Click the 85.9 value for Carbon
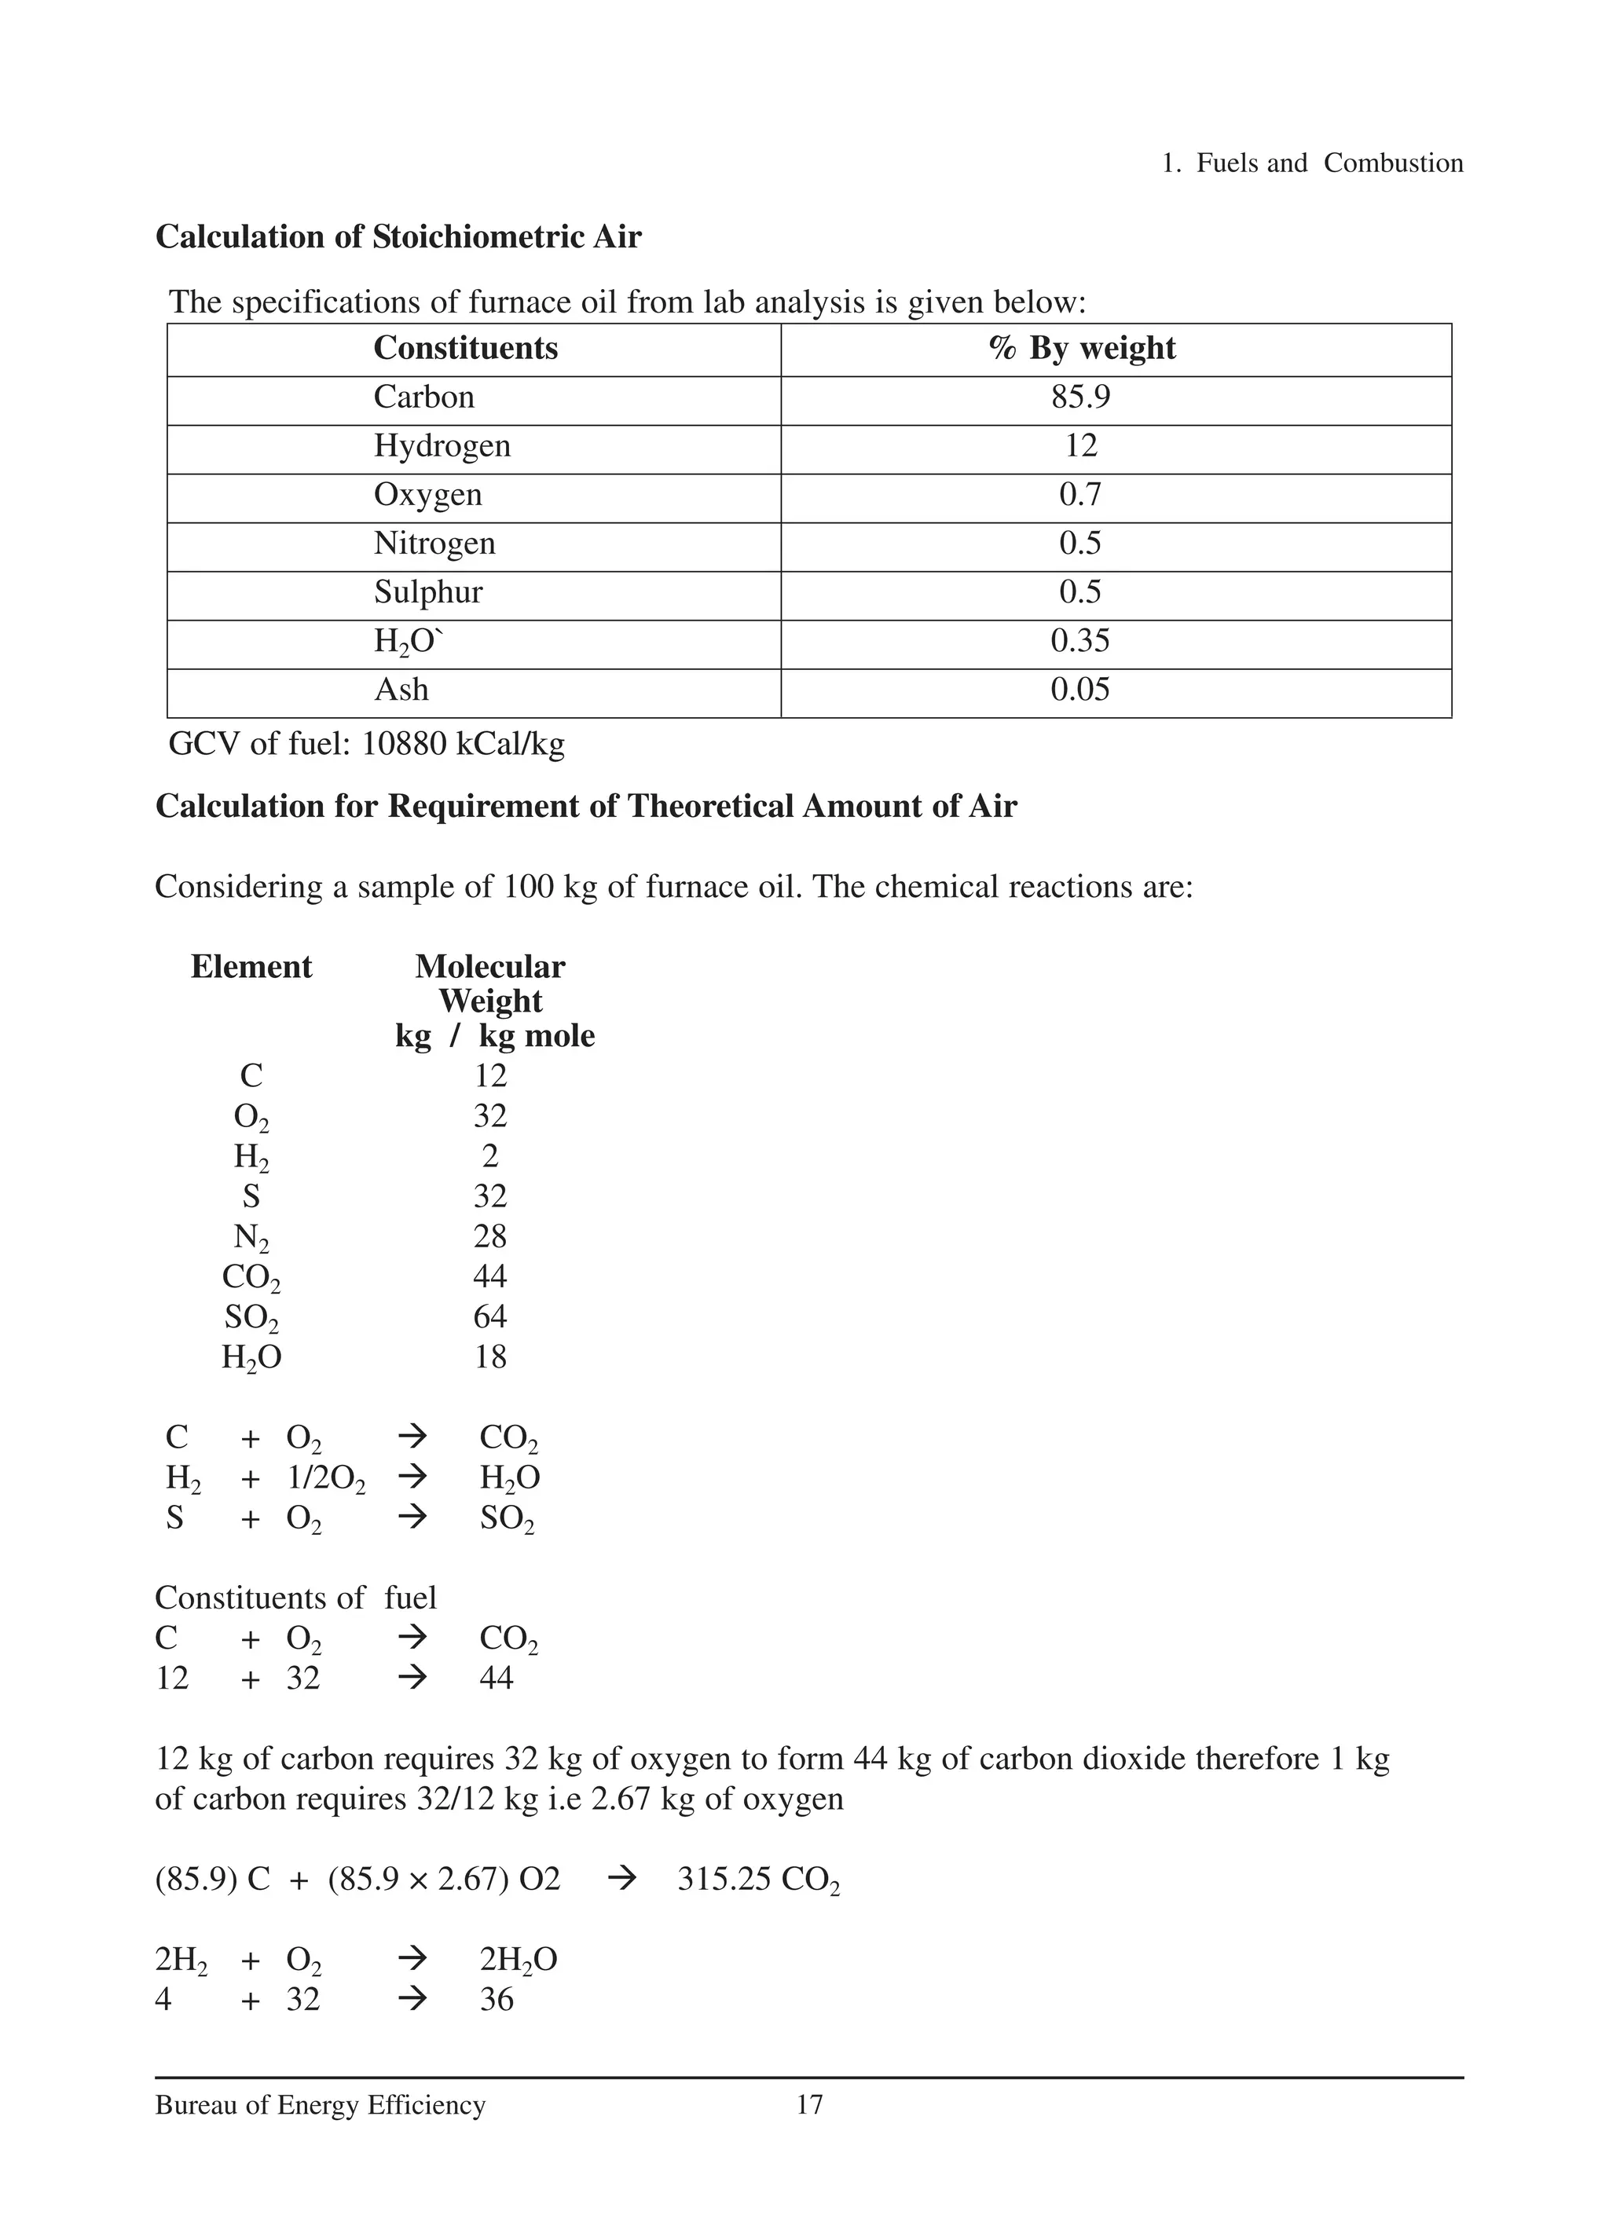tap(1080, 397)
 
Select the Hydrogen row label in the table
tap(442, 446)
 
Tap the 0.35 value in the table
tap(1080, 641)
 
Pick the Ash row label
tap(401, 690)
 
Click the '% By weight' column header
tap(1082, 348)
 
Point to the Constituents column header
tap(466, 348)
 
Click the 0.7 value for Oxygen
tap(1080, 494)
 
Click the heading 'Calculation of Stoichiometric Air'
tap(398, 236)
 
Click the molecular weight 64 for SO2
tap(490, 1316)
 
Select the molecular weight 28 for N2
tap(490, 1236)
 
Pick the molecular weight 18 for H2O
tap(490, 1357)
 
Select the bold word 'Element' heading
tap(251, 967)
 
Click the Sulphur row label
tap(428, 591)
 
